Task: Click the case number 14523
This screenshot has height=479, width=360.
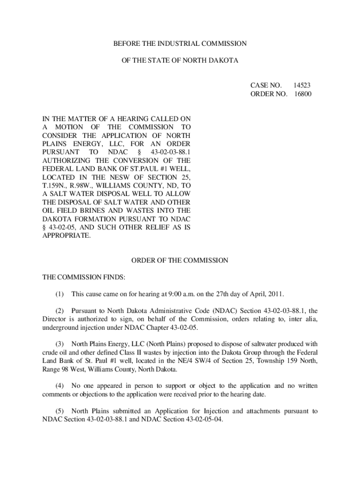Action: coord(302,85)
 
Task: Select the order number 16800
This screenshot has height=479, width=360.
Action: coord(302,94)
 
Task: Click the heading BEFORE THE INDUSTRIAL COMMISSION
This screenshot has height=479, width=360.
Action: coord(180,44)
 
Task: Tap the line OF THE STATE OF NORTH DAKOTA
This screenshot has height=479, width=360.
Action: coord(180,61)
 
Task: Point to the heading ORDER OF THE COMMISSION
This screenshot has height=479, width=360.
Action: coord(180,260)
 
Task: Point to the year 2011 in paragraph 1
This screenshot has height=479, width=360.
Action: coord(275,294)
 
